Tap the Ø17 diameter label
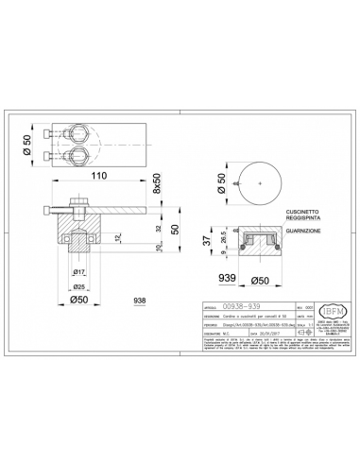click(x=82, y=274)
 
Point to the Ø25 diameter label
click(x=80, y=286)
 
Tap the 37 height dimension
click(x=207, y=243)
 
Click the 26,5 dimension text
click(x=221, y=237)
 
